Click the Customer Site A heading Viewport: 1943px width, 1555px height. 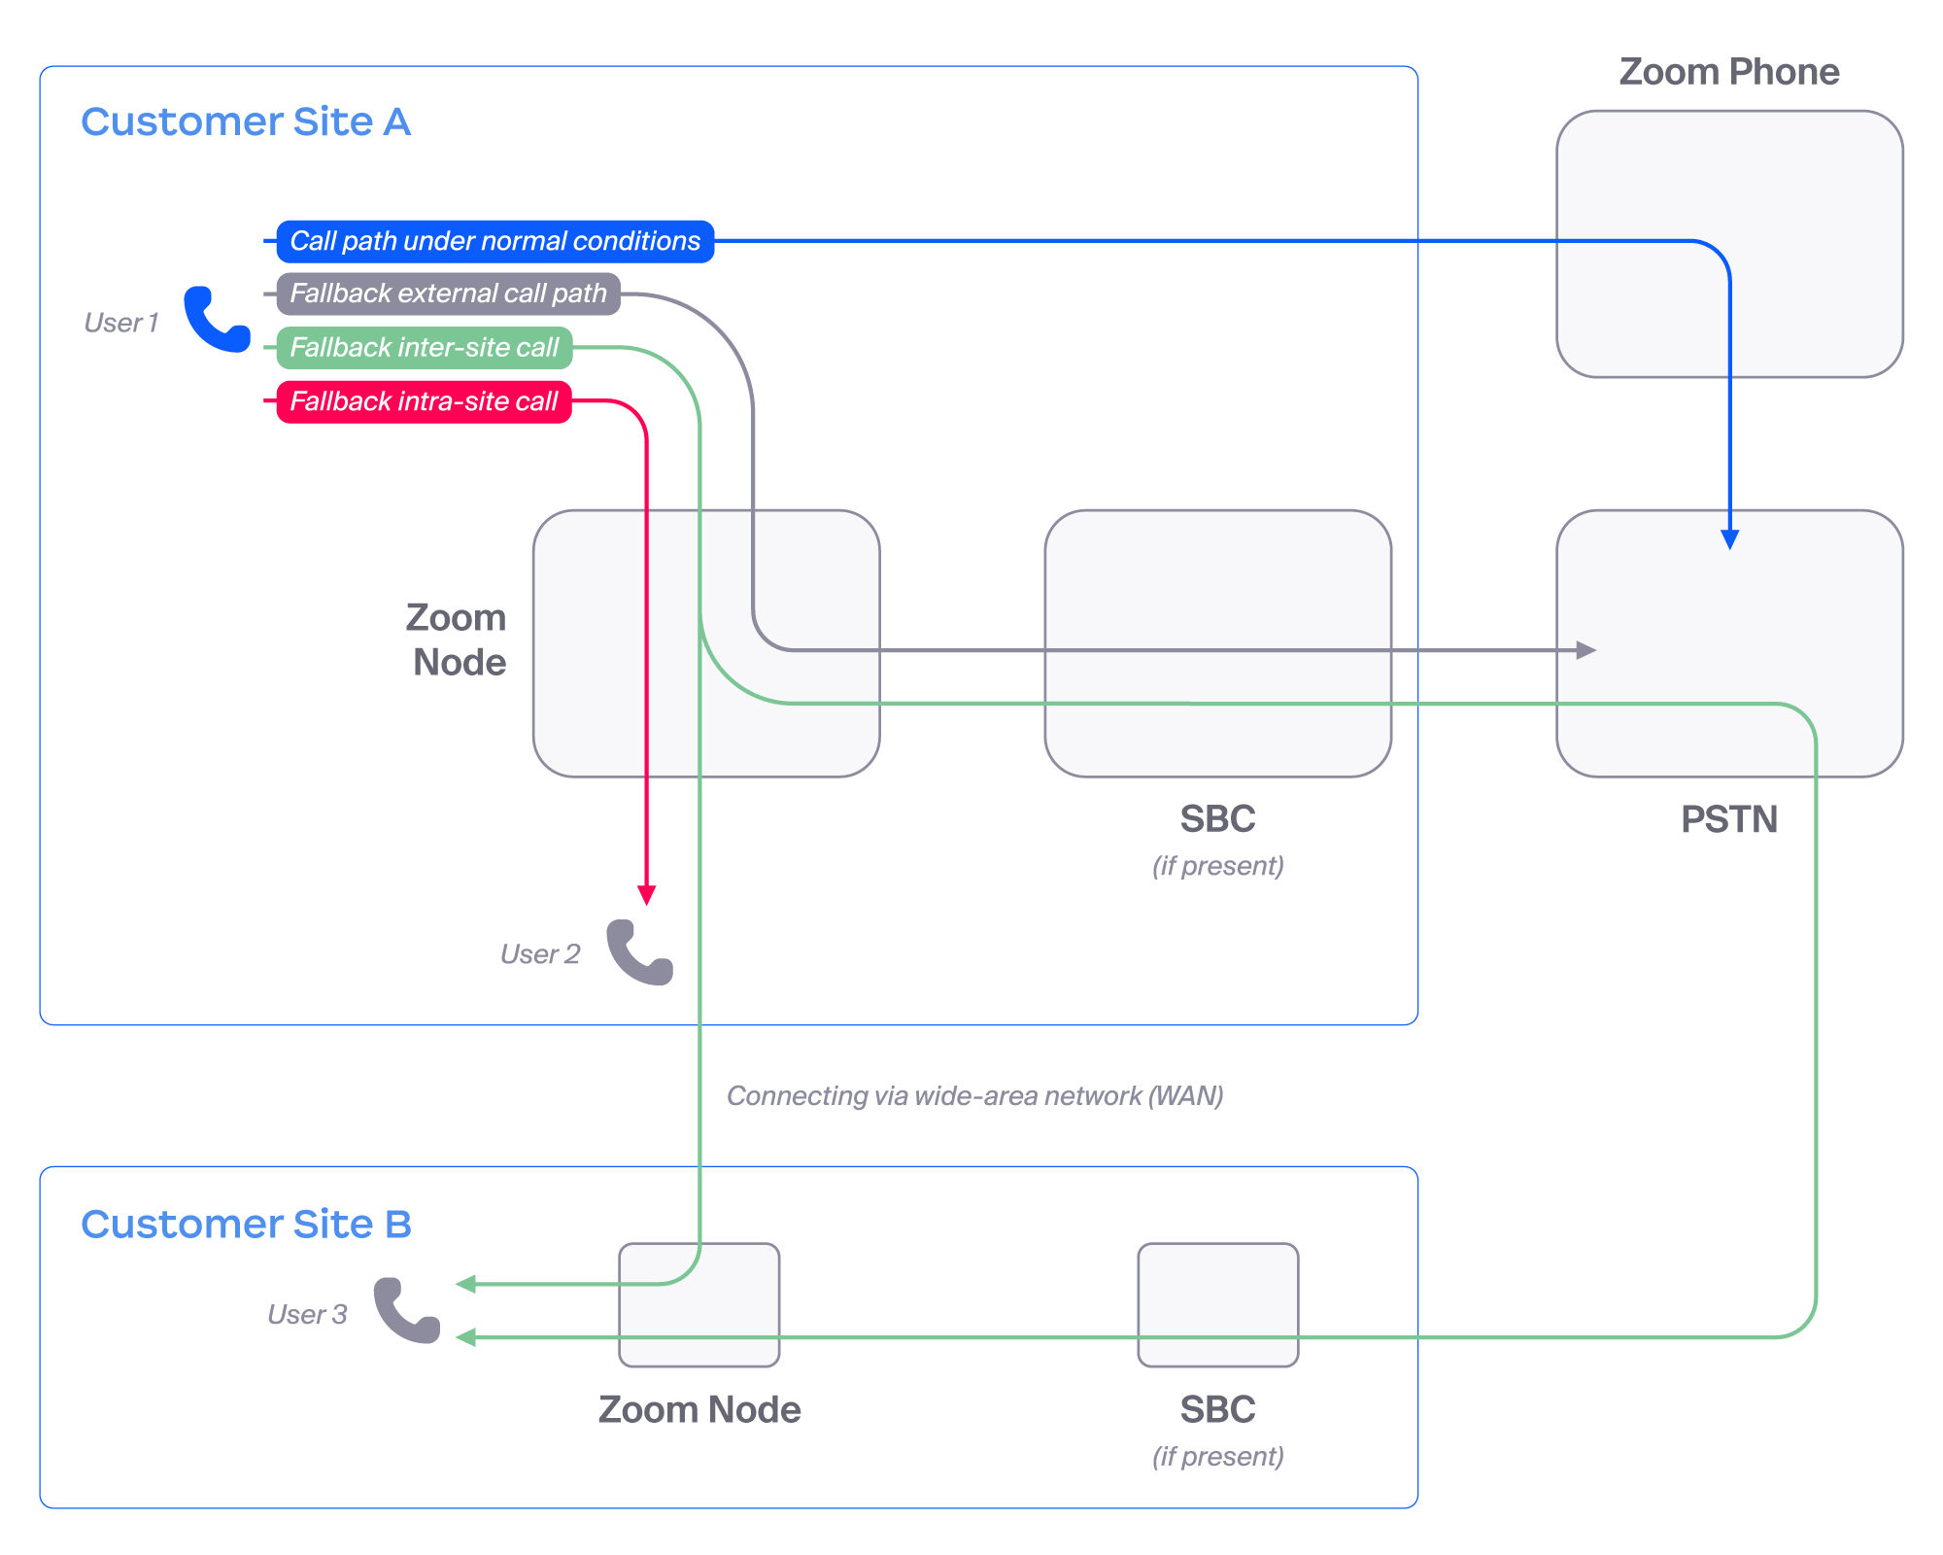point(246,122)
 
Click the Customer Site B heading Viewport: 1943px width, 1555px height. point(246,1225)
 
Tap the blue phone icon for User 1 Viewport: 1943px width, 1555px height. point(217,319)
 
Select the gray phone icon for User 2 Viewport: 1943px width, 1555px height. point(639,952)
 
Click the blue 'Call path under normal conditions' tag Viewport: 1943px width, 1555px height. point(494,241)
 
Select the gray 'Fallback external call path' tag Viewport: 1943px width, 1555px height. point(448,294)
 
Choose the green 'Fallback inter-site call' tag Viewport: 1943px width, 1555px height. point(424,348)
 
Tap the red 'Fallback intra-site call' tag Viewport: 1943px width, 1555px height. point(424,401)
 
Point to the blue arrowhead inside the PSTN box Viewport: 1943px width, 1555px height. point(1729,539)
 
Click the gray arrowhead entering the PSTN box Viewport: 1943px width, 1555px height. point(1585,649)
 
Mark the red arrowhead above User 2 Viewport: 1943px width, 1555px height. point(646,894)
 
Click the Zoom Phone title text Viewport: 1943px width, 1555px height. point(1728,72)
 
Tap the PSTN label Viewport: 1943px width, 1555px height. point(1728,819)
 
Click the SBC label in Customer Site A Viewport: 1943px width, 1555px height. point(1217,819)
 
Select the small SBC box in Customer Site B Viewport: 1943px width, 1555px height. point(1217,1304)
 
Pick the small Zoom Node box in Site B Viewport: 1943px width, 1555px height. point(699,1304)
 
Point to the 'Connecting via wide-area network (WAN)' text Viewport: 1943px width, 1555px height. point(974,1096)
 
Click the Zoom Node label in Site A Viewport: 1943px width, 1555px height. point(457,639)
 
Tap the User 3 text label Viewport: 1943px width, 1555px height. point(307,1315)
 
